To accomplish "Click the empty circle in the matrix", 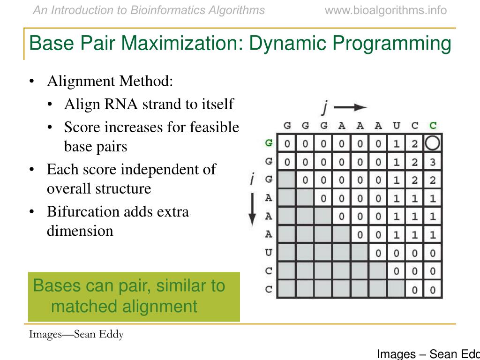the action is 432,143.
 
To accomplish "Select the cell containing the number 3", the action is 432,162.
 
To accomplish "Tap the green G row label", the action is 269,143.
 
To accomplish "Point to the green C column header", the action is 433,126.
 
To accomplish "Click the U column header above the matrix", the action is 397,126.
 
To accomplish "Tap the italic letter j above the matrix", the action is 324,107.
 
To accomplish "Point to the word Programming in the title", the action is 392,44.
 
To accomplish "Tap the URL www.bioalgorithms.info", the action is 386,10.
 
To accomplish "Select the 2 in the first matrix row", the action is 414,143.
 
